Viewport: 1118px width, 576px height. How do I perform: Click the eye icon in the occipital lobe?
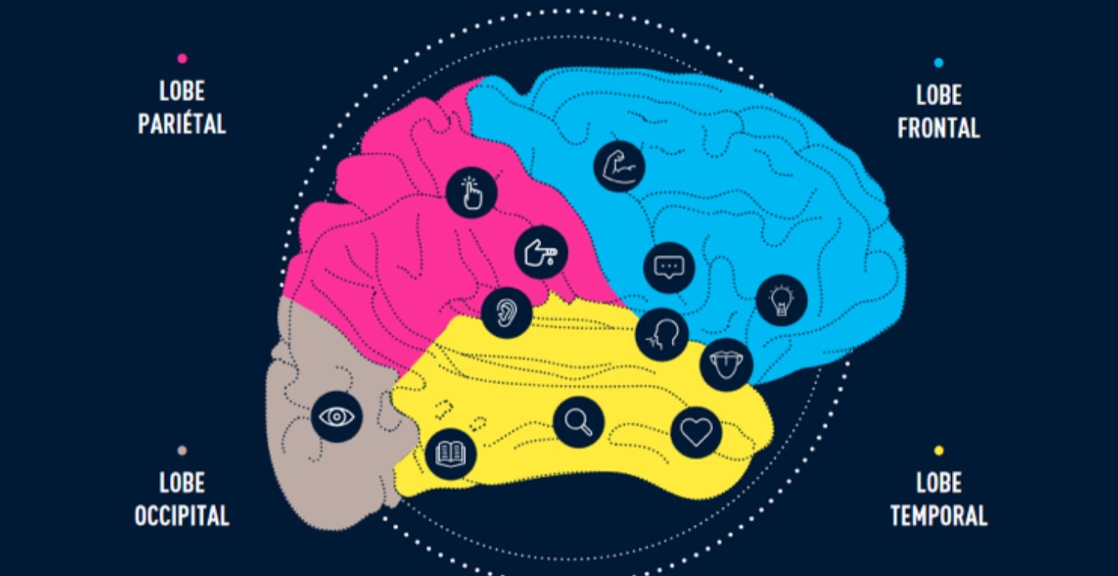[x=337, y=416]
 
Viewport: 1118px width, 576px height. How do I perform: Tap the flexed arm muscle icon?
[x=619, y=165]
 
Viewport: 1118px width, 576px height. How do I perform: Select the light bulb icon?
[x=782, y=300]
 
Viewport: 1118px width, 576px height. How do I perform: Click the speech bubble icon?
[x=669, y=268]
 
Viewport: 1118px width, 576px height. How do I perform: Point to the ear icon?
[x=507, y=313]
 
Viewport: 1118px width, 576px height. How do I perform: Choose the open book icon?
[x=451, y=453]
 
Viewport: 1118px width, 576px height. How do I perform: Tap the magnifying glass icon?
[x=579, y=422]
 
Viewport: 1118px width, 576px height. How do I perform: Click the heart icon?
[x=696, y=432]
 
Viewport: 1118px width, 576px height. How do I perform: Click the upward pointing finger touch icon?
[x=472, y=193]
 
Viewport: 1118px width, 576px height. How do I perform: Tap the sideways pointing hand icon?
[x=541, y=253]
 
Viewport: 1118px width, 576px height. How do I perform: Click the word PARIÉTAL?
[x=182, y=124]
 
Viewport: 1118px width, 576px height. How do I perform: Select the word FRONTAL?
[x=939, y=128]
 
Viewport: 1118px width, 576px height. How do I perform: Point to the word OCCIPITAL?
[x=182, y=515]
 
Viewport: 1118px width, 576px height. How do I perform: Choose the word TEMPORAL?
[x=939, y=515]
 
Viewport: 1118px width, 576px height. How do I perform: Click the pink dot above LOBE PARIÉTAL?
[x=183, y=58]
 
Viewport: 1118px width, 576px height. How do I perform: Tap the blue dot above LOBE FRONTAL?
[x=939, y=63]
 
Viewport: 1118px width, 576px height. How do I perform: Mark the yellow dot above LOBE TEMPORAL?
[x=939, y=450]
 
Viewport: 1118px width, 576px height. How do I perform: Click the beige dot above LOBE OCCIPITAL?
[x=182, y=450]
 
